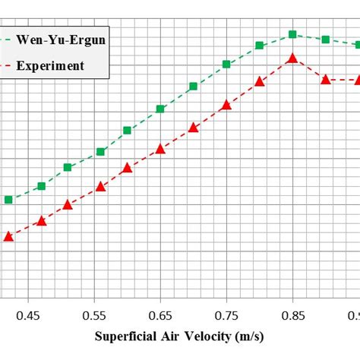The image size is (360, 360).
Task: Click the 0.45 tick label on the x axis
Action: coord(27,314)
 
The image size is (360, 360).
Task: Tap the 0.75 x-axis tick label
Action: coord(226,314)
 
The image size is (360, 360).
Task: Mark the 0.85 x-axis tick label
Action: coord(292,314)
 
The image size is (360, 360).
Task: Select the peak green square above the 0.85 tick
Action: coord(292,34)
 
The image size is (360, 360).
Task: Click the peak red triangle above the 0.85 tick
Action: coord(292,58)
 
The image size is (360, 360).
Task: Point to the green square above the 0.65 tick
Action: coord(160,109)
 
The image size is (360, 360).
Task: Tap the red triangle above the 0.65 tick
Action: coord(160,149)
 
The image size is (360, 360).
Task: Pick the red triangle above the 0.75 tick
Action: coord(226,105)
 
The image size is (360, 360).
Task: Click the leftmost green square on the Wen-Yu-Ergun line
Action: coord(8,200)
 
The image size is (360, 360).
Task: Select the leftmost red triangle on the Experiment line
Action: coord(8,236)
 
